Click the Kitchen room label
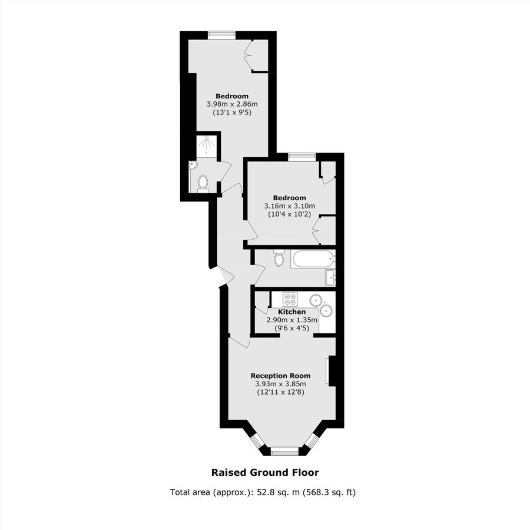point(291,312)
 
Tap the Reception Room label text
point(280,376)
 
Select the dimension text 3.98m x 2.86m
point(232,104)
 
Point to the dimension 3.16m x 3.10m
point(289,206)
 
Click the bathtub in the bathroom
point(313,260)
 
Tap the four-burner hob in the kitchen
point(290,299)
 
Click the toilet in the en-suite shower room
point(203,184)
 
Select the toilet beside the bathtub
point(279,259)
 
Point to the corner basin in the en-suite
point(193,165)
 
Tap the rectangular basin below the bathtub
point(330,278)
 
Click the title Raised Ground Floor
point(265,472)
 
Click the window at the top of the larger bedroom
point(221,34)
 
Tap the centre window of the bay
point(284,451)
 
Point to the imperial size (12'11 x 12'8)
point(280,392)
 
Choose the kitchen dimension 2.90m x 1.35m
point(292,320)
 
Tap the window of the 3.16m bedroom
point(302,156)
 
